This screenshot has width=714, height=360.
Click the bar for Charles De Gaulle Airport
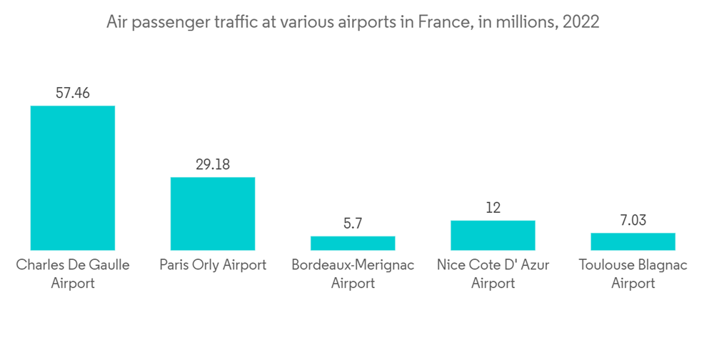pyautogui.click(x=72, y=178)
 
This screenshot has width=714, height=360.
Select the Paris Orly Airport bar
pyautogui.click(x=212, y=214)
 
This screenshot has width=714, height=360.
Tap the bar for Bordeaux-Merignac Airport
pyautogui.click(x=353, y=243)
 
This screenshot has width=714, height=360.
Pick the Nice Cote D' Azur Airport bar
pyautogui.click(x=493, y=235)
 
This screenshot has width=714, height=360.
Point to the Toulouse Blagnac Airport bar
pyautogui.click(x=633, y=241)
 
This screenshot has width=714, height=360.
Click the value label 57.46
pyautogui.click(x=72, y=93)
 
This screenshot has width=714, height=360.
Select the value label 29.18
pyautogui.click(x=213, y=164)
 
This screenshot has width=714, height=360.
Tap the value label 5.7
pyautogui.click(x=353, y=223)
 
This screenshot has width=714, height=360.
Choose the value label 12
pyautogui.click(x=493, y=208)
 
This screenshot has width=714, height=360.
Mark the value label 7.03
pyautogui.click(x=633, y=220)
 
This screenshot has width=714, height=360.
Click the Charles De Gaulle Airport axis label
pyautogui.click(x=72, y=274)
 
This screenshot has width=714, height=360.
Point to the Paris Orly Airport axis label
pyautogui.click(x=213, y=265)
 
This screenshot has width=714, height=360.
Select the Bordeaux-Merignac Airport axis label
pyautogui.click(x=353, y=274)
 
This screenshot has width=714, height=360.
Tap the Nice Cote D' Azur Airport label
pyautogui.click(x=493, y=274)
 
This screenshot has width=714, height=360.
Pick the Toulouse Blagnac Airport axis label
pyautogui.click(x=633, y=274)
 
